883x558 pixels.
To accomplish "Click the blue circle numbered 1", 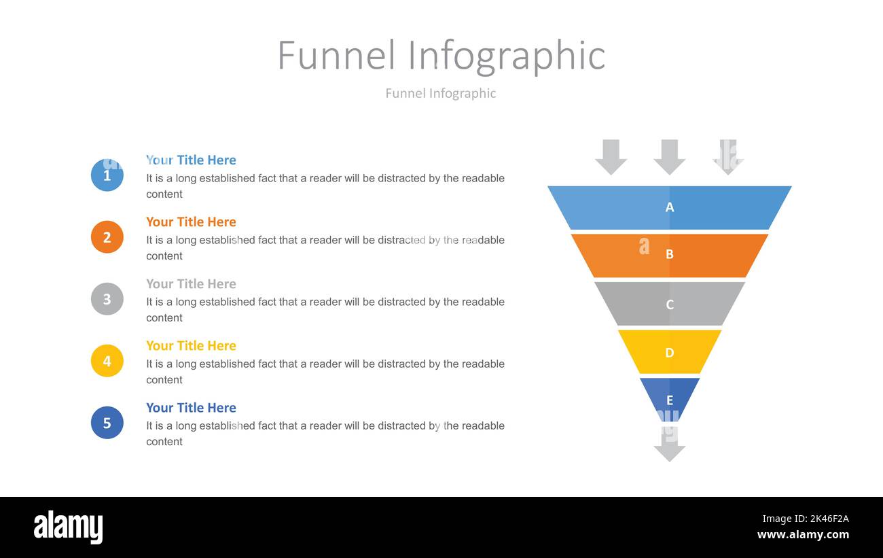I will (107, 175).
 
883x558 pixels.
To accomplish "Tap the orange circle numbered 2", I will (107, 237).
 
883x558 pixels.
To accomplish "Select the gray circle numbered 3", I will (107, 299).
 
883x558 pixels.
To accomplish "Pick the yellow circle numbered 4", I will (107, 361).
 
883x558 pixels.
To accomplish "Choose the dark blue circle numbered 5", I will (107, 423).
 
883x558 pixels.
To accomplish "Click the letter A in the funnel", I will (670, 207).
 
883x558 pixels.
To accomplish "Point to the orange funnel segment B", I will (670, 255).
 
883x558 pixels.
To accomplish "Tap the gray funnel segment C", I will (670, 304).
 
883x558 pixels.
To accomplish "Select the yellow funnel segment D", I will (670, 352).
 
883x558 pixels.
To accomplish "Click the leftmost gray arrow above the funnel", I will (611, 157).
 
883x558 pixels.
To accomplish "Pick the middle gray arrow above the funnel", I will (670, 157).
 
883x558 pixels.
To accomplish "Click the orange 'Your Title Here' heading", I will (191, 222).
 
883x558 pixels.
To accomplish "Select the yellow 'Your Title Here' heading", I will (191, 345).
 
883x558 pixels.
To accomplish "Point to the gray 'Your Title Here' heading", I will (191, 283).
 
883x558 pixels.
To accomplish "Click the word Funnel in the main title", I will (336, 55).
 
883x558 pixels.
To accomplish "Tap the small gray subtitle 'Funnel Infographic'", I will (441, 93).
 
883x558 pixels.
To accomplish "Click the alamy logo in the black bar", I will (69, 527).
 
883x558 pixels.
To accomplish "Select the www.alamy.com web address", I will (803, 534).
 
